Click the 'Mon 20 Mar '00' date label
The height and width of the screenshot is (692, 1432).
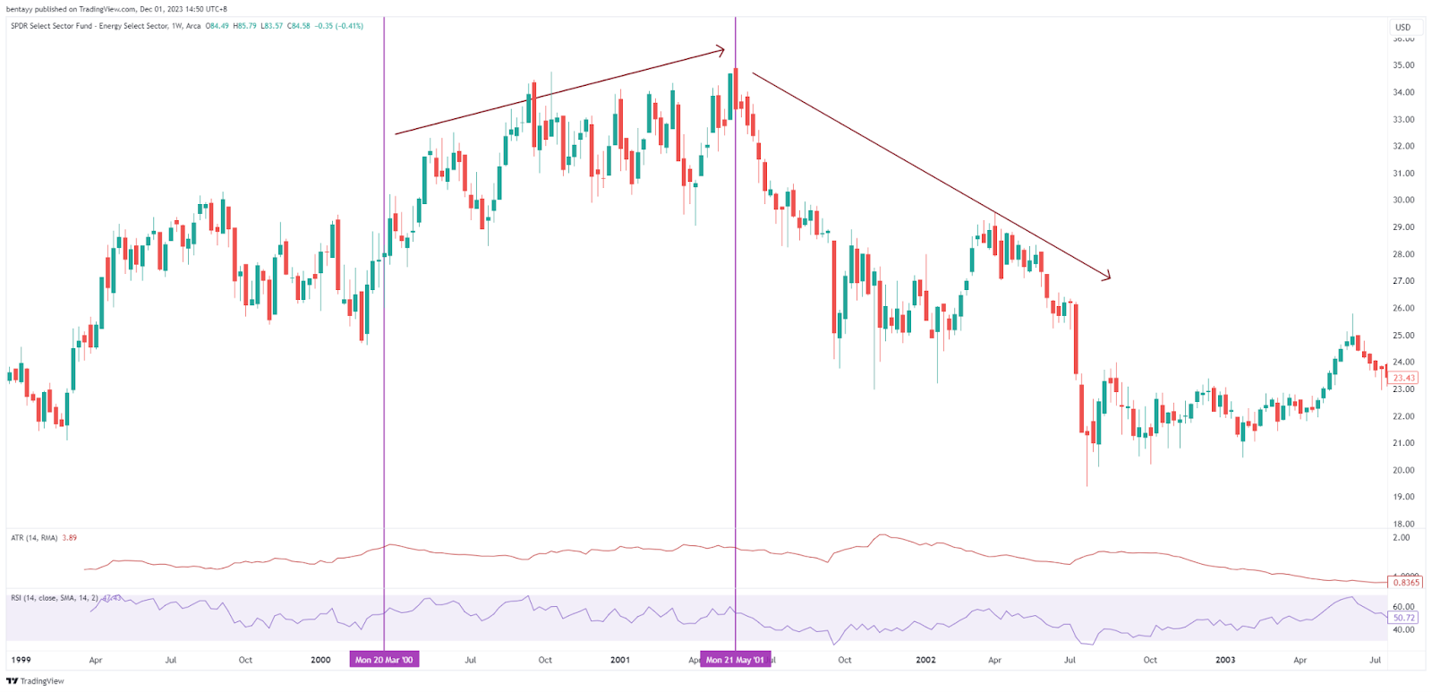pos(384,660)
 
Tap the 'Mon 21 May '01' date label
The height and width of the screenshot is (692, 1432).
pos(735,660)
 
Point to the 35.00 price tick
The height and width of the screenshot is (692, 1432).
pos(1403,65)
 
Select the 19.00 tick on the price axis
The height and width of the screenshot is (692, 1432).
pos(1403,497)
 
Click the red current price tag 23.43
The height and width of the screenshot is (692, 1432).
pos(1403,378)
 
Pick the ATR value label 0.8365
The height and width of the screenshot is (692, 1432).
pos(1406,582)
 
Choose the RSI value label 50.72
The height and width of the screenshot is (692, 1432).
pos(1404,618)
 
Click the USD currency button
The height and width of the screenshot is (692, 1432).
pos(1403,27)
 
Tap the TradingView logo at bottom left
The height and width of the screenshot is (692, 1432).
pos(35,681)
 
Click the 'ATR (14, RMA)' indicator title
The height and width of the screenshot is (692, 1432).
pos(34,538)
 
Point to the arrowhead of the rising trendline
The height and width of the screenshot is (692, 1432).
pos(723,50)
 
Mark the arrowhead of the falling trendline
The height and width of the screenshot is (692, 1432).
pos(1109,278)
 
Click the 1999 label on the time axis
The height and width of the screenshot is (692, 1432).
pos(20,660)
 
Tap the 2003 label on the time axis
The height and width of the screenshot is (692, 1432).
pos(1225,660)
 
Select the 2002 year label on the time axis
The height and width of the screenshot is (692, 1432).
pos(925,660)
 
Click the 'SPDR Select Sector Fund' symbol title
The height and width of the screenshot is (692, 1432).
pos(89,26)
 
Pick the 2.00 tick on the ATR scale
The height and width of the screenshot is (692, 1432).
pos(1402,538)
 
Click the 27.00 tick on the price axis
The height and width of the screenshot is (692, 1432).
pos(1403,281)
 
